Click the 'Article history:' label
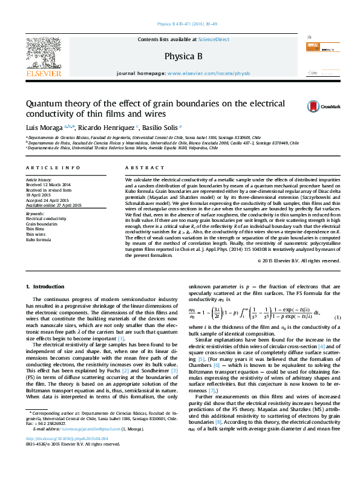[37, 180]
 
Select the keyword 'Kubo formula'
[39, 239]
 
